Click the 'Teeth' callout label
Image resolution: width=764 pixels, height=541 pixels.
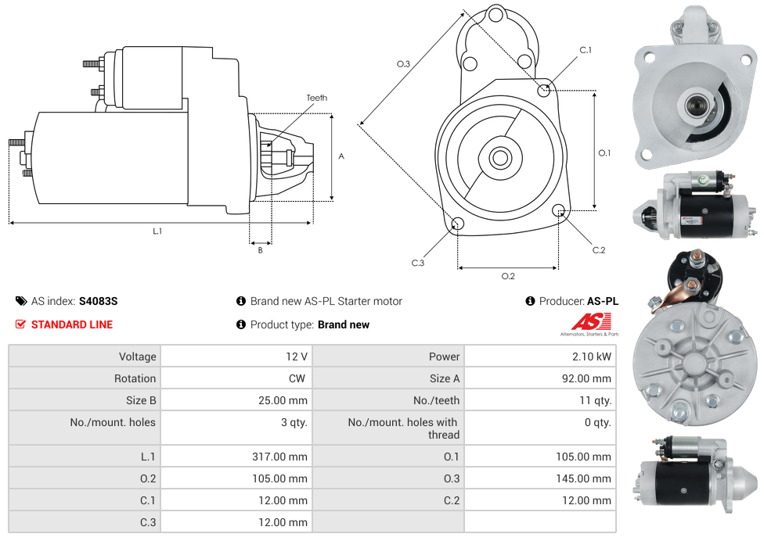tap(316, 98)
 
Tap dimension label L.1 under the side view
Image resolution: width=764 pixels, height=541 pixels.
tap(157, 231)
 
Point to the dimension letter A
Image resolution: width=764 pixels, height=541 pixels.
tap(341, 156)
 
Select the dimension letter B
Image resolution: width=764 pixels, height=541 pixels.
tap(261, 250)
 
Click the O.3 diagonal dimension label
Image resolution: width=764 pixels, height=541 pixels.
tap(404, 64)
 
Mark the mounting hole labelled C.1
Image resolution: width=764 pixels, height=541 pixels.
tap(544, 90)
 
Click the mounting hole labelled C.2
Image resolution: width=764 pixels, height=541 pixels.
tap(559, 210)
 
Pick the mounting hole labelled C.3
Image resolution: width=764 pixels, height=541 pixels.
tap(458, 225)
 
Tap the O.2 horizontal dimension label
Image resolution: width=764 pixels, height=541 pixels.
tap(508, 276)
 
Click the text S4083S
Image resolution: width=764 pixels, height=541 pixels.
tap(98, 301)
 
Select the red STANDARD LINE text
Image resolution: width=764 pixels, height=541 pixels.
tap(71, 324)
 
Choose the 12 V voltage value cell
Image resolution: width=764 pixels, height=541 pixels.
tap(296, 356)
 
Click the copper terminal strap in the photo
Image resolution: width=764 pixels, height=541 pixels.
tap(679, 292)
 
